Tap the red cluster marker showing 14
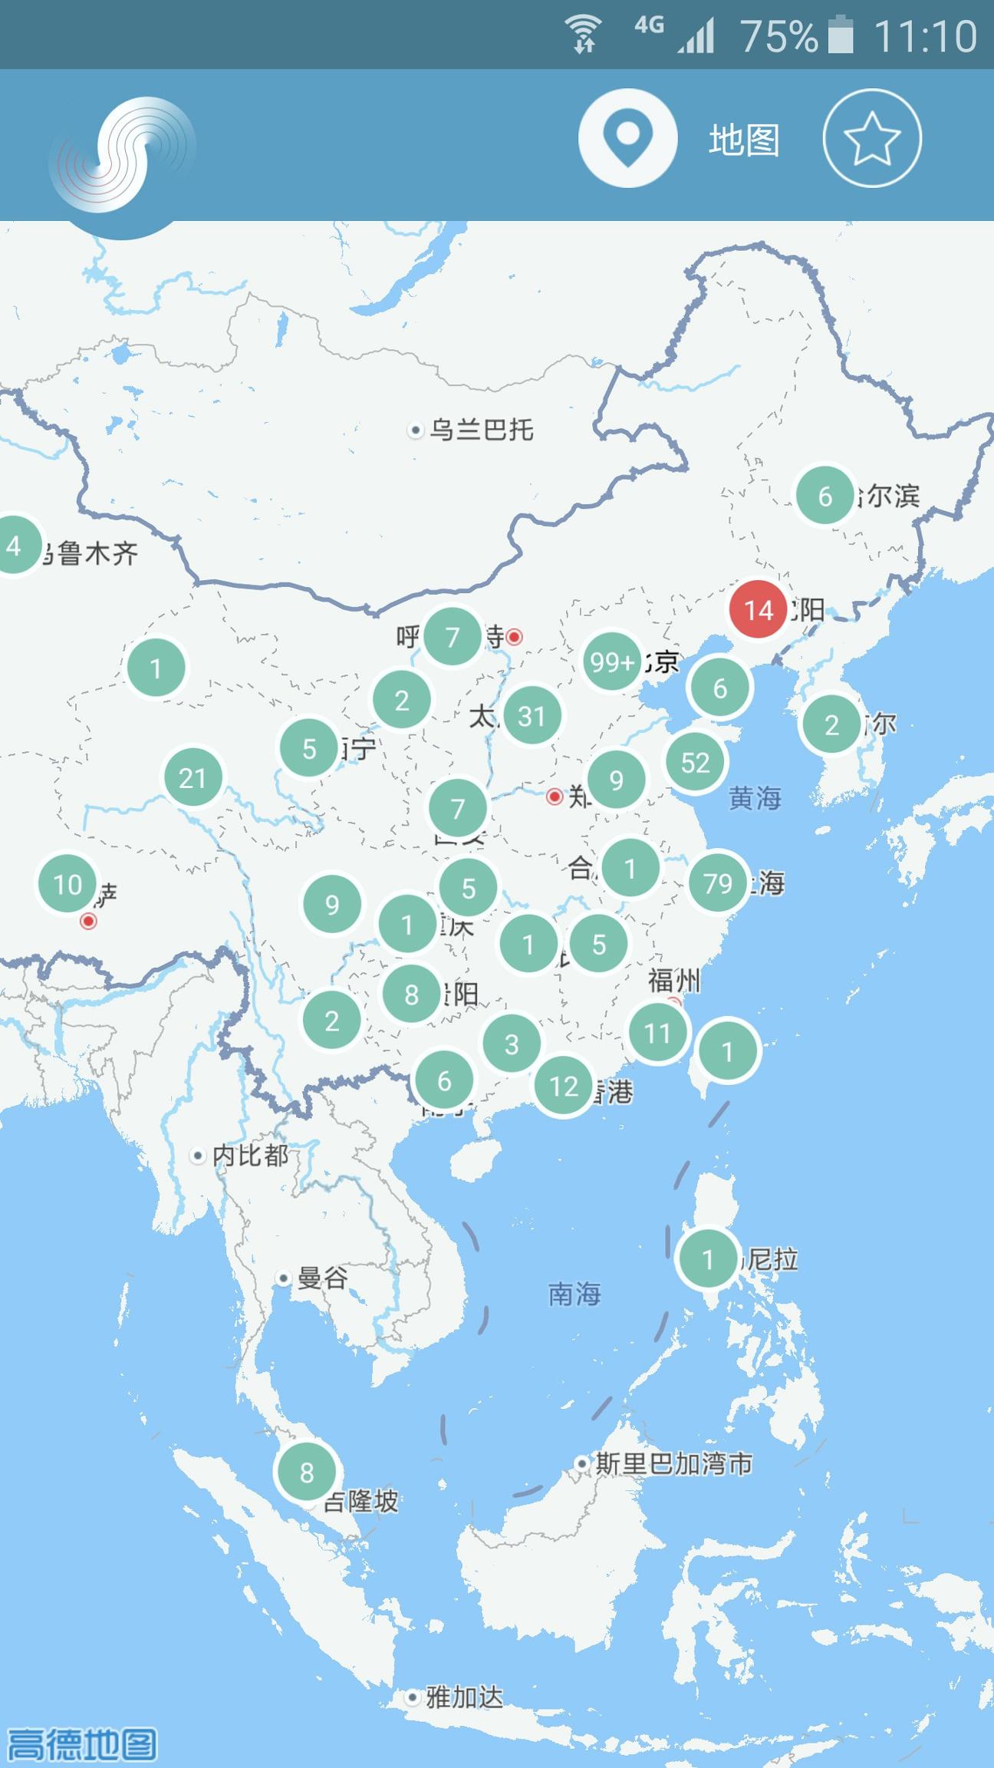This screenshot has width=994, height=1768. coord(758,610)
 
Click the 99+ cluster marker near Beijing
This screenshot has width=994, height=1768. coord(611,661)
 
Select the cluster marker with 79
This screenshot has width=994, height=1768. coord(718,883)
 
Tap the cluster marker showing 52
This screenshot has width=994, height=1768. coord(695,762)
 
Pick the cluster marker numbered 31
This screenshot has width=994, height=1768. coord(532,716)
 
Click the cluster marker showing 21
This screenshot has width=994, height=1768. coord(193,778)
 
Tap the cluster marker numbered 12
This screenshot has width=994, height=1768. coord(564,1086)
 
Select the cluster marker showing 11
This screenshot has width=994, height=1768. coord(657,1033)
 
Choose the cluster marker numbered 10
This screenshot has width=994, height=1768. coord(67,885)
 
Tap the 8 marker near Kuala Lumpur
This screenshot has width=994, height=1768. coord(307,1472)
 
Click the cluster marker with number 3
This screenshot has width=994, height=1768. coord(512,1044)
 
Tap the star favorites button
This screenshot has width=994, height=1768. coord(872,138)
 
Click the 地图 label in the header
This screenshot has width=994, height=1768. coord(743,140)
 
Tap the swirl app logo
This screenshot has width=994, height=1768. coord(123,156)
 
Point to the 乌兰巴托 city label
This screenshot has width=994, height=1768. coord(481,430)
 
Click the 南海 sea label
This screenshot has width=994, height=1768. coord(574,1294)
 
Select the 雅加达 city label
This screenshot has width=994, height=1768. coord(464,1697)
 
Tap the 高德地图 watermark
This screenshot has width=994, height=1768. coord(81,1743)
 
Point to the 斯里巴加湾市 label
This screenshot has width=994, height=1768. coord(673,1463)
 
